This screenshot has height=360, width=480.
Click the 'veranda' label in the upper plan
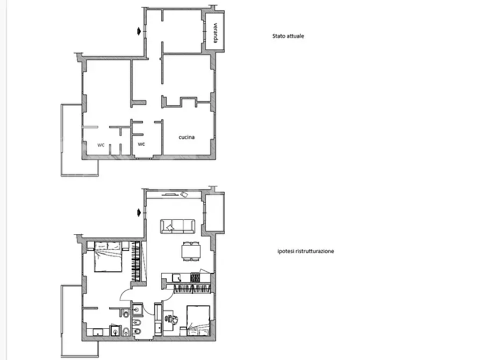click(216, 33)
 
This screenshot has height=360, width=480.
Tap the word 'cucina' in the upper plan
click(187, 137)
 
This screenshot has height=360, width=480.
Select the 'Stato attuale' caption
click(288, 36)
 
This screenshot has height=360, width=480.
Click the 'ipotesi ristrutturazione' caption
click(305, 251)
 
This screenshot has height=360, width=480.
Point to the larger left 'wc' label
click(101, 145)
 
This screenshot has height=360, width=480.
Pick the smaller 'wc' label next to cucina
click(141, 144)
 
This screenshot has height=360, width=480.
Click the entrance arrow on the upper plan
click(139, 31)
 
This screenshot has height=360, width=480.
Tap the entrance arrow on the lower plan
click(139, 212)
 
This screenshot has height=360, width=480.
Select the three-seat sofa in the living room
click(177, 226)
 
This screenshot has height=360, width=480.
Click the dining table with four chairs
click(191, 251)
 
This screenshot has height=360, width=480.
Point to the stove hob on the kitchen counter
click(195, 278)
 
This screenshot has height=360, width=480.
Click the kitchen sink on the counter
click(177, 278)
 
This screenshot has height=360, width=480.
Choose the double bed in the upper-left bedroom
click(108, 256)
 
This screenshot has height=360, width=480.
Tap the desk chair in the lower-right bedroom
click(174, 319)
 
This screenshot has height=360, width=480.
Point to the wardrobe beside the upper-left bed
click(135, 261)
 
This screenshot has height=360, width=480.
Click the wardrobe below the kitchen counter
click(192, 289)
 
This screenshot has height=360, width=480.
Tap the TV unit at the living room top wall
click(170, 194)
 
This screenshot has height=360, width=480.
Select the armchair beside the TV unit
click(184, 195)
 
